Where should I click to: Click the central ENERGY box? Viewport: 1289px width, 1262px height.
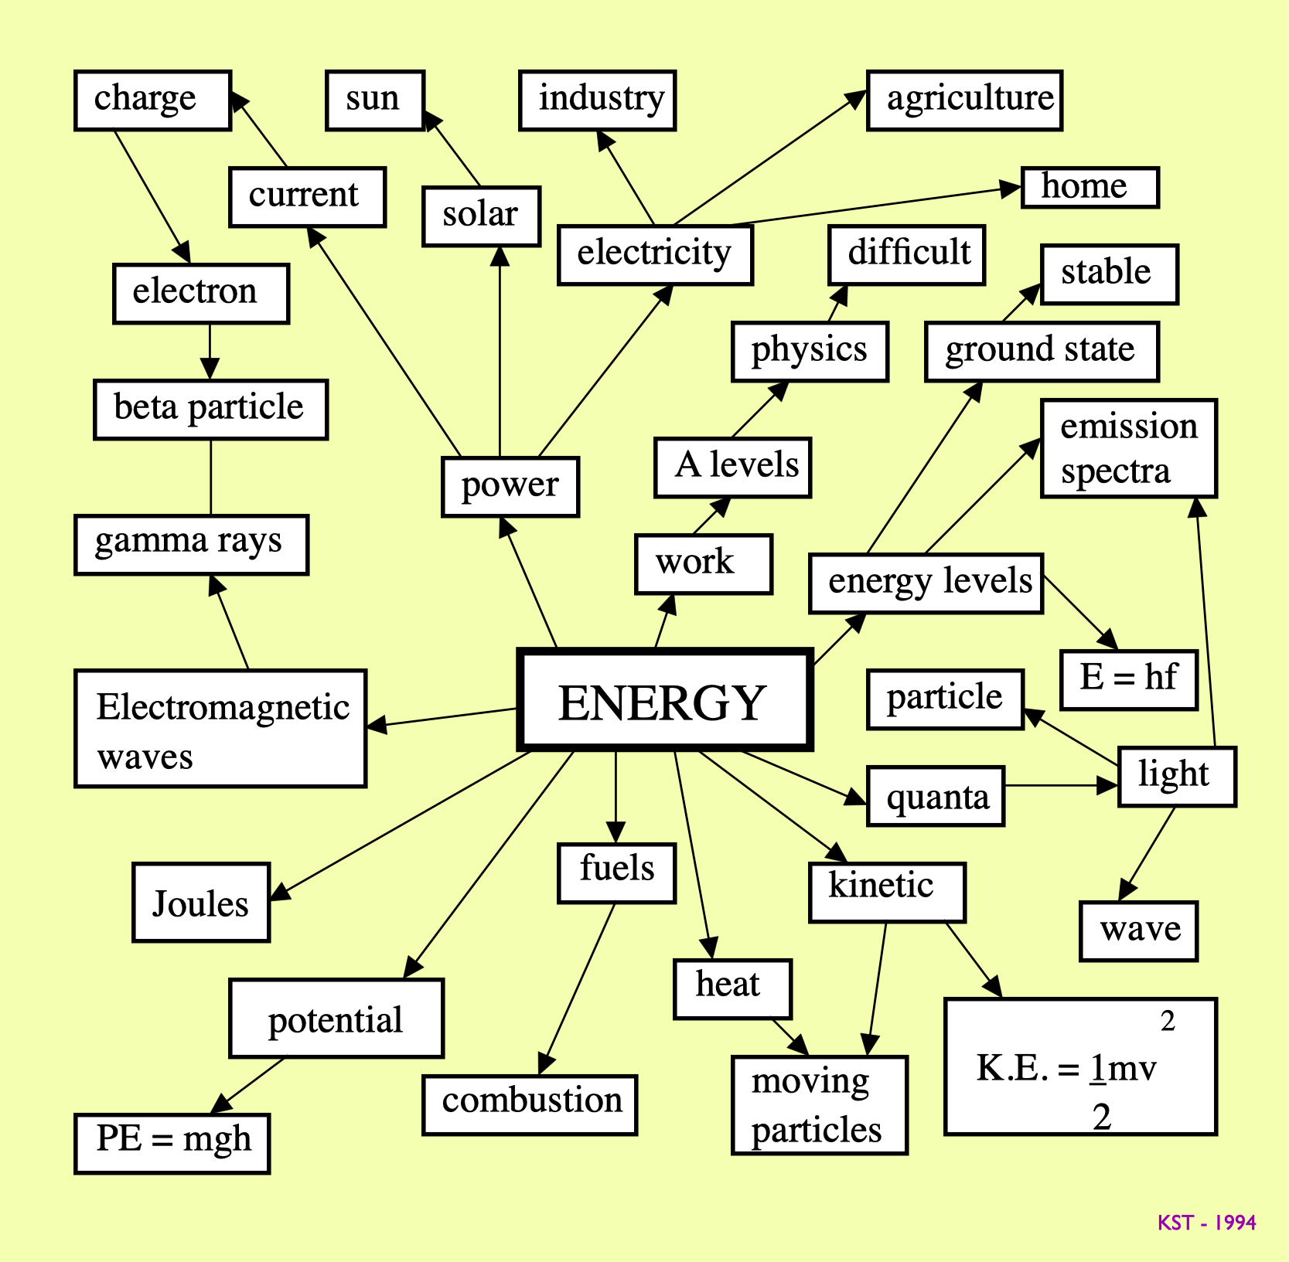663,700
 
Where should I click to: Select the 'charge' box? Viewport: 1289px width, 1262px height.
152,100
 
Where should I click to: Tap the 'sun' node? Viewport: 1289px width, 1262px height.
375,100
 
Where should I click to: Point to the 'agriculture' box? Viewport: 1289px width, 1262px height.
964,100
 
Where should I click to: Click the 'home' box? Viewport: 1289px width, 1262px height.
1090,187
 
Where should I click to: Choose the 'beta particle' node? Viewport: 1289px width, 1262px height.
210,409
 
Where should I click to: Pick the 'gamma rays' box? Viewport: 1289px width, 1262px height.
191,544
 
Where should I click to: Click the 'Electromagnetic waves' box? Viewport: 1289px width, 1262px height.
220,728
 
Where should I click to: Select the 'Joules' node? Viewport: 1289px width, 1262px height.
201,902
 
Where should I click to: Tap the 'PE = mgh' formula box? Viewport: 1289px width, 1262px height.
172,1143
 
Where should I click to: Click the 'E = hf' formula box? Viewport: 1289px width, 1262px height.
1128,679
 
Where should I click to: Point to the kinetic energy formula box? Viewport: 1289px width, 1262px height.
1080,1066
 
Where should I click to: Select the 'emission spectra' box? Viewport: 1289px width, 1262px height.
1128,448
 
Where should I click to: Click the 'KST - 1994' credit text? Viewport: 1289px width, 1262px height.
1206,1223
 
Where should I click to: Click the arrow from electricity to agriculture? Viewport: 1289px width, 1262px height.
769,158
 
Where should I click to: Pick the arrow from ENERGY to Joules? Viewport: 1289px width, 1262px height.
402,825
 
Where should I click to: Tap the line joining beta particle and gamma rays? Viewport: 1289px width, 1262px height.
210,477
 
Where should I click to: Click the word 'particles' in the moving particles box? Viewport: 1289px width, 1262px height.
816,1130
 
